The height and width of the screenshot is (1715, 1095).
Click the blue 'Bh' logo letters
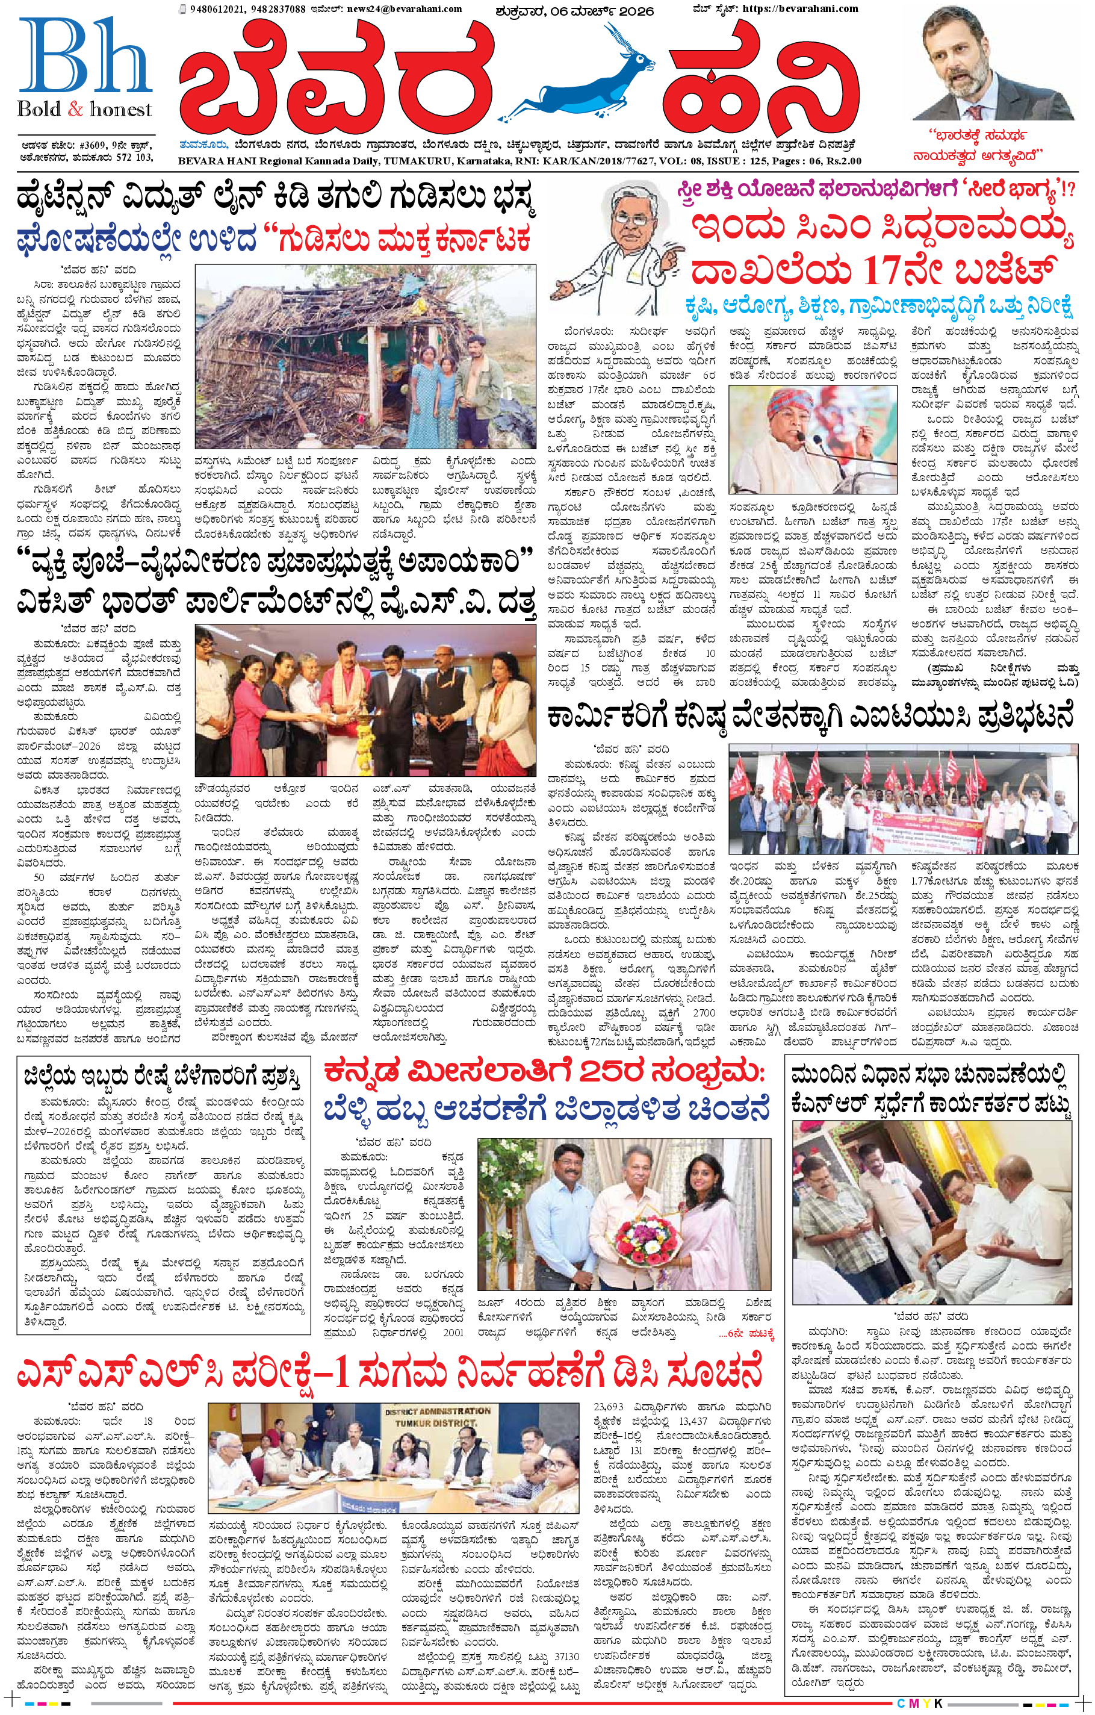click(x=84, y=57)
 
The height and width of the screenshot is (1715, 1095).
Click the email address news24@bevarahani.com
click(x=405, y=9)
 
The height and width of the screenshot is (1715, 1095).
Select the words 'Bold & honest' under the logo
click(x=84, y=109)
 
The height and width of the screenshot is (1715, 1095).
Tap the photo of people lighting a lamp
click(x=365, y=700)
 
